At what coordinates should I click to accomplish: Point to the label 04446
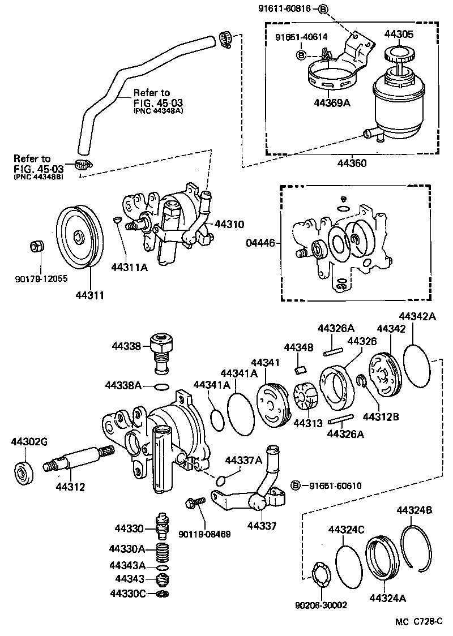(x=261, y=243)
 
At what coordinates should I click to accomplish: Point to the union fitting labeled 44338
(x=161, y=351)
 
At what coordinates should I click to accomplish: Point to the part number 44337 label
(x=262, y=526)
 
